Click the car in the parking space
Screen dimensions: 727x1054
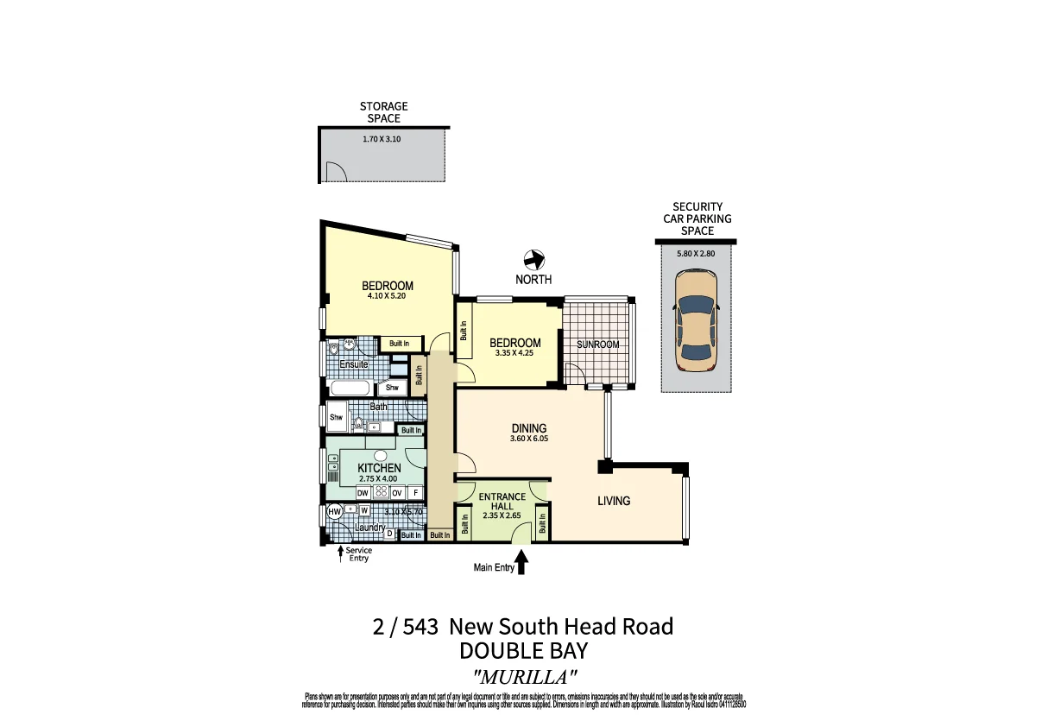696,320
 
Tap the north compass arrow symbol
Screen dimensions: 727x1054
534,259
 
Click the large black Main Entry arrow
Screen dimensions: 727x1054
521,564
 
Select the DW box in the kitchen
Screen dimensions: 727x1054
363,493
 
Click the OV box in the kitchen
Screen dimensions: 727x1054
397,493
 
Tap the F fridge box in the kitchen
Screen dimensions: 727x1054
415,493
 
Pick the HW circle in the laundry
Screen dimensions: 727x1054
335,512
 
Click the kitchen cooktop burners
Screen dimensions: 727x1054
381,493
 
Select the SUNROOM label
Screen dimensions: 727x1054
598,345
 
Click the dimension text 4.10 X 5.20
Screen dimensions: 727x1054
387,296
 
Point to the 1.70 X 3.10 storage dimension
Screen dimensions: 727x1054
382,138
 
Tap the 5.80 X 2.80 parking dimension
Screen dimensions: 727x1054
697,254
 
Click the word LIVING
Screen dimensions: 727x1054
614,501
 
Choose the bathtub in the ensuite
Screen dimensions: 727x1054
350,388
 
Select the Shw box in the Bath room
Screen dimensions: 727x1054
336,418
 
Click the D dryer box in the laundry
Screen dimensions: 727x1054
389,534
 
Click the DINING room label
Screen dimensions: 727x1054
529,428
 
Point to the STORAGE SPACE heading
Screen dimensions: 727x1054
384,112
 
